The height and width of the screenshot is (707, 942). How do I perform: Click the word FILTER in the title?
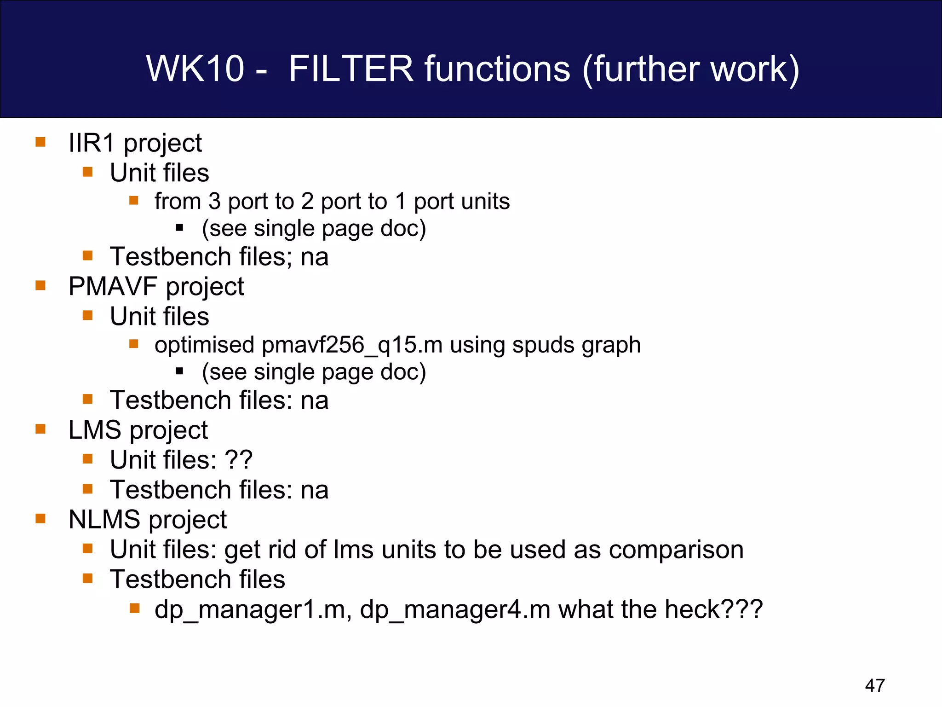click(351, 69)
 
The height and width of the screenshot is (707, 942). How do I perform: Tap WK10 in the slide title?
click(195, 69)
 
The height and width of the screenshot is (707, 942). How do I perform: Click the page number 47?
click(874, 685)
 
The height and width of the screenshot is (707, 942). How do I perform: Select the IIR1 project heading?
click(135, 143)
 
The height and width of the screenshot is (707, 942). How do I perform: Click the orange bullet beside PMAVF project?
click(40, 286)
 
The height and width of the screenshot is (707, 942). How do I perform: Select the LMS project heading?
click(138, 430)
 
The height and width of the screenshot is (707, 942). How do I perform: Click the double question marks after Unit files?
click(238, 460)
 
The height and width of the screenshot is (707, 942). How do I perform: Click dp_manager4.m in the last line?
click(455, 610)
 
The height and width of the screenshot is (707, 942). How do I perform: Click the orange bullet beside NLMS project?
click(40, 519)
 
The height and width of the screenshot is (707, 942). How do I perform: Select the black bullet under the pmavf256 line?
click(180, 371)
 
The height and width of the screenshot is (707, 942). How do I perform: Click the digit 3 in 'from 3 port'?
click(214, 202)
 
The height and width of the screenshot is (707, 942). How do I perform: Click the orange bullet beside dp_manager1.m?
click(134, 608)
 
